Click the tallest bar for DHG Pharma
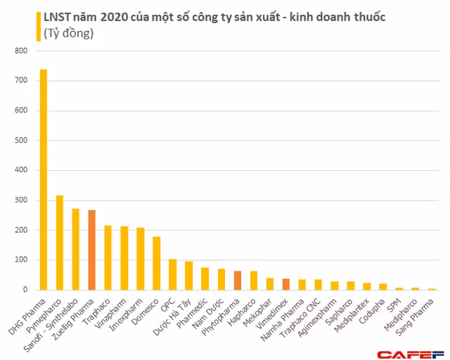coord(44,179)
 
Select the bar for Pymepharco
coord(60,243)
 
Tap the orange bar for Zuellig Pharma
coord(92,250)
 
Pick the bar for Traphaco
coord(108,257)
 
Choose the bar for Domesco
coord(157,263)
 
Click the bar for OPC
coord(173,274)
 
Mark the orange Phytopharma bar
coord(238,281)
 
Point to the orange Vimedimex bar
coord(286,284)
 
